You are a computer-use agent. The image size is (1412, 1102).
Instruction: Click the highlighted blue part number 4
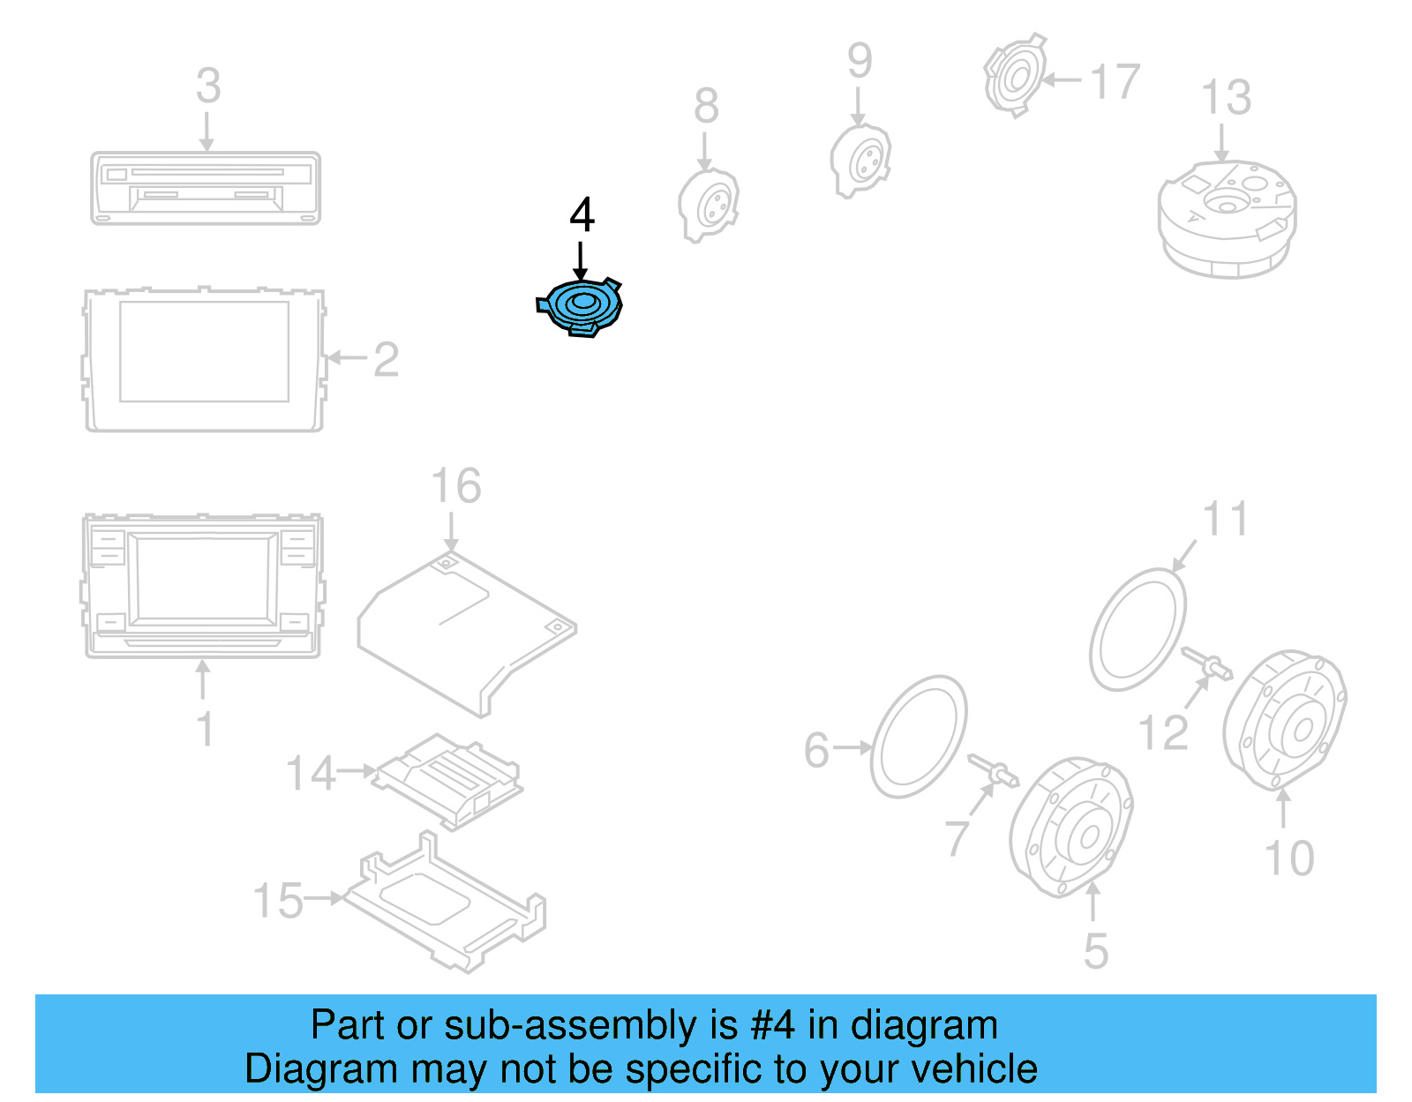click(580, 307)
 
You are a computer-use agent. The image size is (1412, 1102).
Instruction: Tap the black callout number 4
click(582, 215)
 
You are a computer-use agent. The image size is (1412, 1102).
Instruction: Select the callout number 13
click(1226, 97)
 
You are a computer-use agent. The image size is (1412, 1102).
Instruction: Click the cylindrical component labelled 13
click(1227, 218)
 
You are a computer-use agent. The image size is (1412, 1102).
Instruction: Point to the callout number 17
click(1115, 82)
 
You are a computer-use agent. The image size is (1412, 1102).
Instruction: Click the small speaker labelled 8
click(708, 205)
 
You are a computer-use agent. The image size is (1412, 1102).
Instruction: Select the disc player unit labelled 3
click(206, 188)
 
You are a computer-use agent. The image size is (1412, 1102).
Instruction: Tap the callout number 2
click(386, 360)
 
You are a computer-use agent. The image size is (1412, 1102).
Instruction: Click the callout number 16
click(456, 487)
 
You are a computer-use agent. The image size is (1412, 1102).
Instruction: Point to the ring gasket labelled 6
click(919, 738)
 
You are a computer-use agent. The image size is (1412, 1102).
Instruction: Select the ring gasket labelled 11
click(1138, 630)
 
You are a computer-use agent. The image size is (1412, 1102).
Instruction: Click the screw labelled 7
click(994, 771)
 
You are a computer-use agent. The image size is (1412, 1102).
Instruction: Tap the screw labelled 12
click(1206, 663)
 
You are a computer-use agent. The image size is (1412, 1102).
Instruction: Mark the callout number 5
click(1095, 952)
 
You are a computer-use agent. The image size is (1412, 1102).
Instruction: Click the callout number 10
click(1289, 858)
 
